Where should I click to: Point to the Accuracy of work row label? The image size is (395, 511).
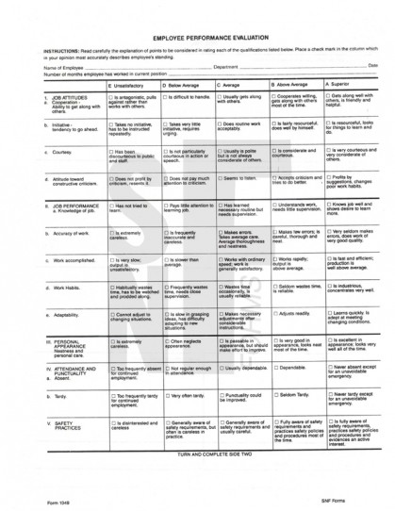[70, 232]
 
